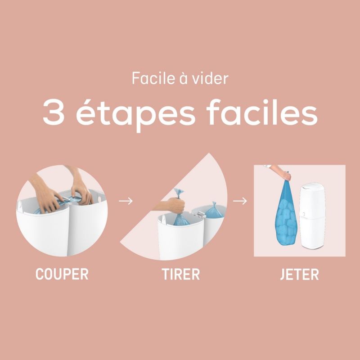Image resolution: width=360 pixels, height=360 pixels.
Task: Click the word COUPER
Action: (62, 274)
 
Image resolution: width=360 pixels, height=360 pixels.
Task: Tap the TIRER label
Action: (180, 274)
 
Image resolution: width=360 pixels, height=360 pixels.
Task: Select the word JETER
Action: (299, 274)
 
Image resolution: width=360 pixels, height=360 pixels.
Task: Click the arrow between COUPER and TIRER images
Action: (126, 201)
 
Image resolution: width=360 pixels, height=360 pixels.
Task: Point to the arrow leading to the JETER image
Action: (241, 201)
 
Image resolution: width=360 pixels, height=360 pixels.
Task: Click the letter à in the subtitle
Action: (182, 78)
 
